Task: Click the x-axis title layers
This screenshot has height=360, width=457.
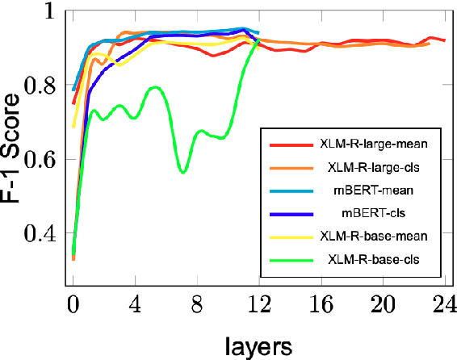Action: tap(258, 345)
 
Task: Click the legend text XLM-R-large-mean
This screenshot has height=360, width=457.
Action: tap(372, 144)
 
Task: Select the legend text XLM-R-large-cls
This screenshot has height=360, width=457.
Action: tap(372, 167)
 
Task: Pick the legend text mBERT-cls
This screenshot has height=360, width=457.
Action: tap(372, 213)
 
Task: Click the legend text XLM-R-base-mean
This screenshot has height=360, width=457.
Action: tap(372, 237)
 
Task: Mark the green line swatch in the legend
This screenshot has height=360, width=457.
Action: tap(289, 260)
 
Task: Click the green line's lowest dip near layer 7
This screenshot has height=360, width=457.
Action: tap(183, 172)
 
